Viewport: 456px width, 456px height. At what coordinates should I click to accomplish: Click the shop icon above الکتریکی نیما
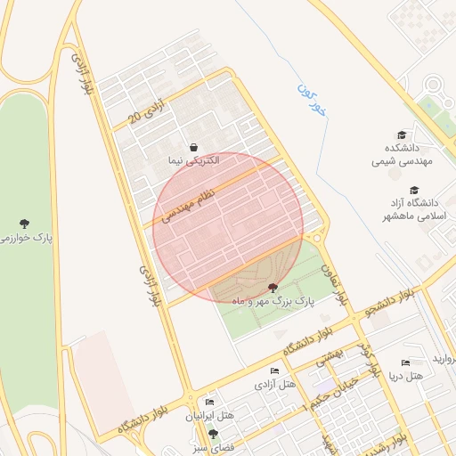(x=194, y=147)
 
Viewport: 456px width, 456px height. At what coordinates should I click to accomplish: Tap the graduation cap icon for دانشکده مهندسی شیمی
(x=402, y=135)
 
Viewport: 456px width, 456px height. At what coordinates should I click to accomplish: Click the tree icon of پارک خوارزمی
(x=23, y=224)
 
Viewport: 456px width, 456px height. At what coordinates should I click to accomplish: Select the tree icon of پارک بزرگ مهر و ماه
(x=273, y=288)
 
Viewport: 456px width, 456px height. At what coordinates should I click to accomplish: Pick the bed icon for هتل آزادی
(x=274, y=370)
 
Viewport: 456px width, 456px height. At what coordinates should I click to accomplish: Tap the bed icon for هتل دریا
(x=406, y=362)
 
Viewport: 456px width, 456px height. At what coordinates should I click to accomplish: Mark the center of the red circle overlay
(x=229, y=228)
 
